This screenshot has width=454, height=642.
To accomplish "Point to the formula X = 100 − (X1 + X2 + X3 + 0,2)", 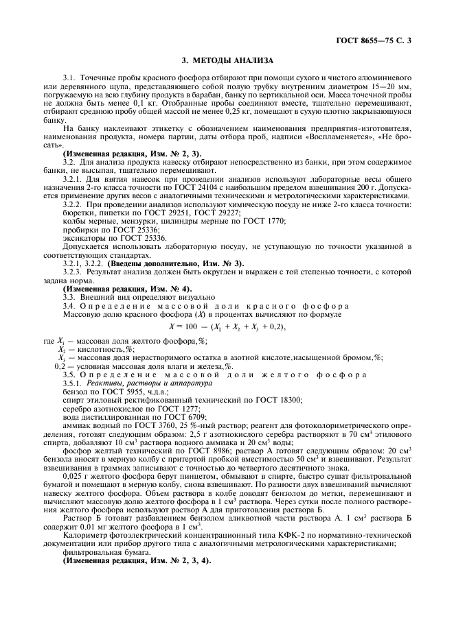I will pos(227,326).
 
